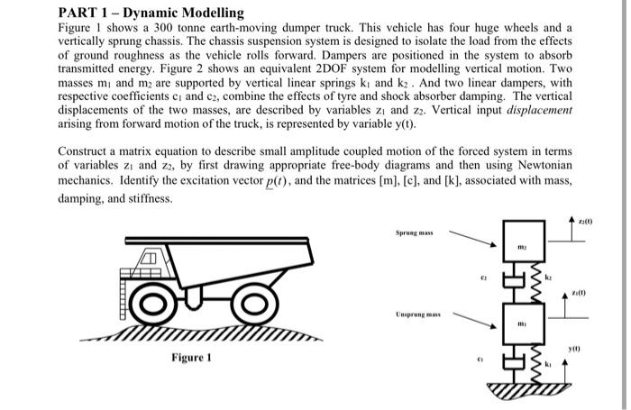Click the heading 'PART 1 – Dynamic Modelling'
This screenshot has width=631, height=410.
click(151, 13)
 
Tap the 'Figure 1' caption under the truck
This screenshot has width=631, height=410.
click(197, 358)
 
